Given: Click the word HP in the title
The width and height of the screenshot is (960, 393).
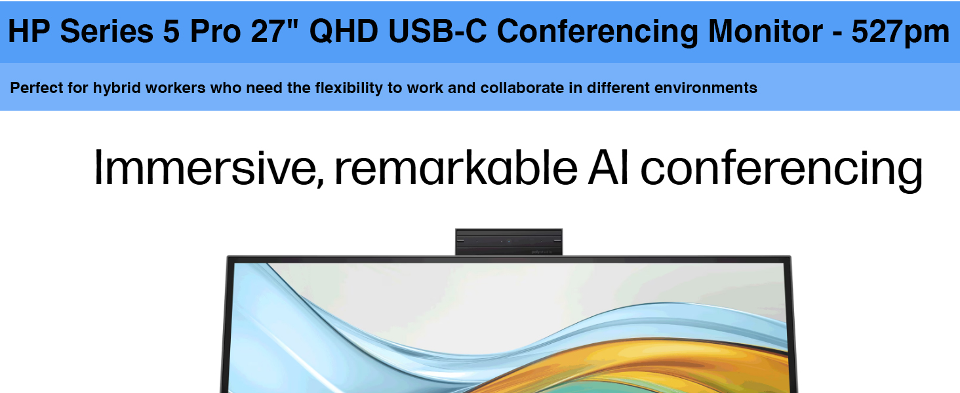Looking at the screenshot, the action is [x=29, y=31].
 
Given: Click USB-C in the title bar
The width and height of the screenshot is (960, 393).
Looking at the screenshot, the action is [x=437, y=31].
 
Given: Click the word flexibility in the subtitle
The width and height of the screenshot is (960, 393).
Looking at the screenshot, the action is [x=349, y=88].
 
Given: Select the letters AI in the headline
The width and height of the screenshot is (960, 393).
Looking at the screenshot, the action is [x=608, y=167].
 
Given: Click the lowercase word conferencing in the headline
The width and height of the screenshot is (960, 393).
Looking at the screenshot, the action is [x=781, y=170].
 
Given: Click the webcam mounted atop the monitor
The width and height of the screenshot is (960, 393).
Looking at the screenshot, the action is [x=509, y=242].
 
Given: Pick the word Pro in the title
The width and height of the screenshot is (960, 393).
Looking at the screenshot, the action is [x=215, y=31].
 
